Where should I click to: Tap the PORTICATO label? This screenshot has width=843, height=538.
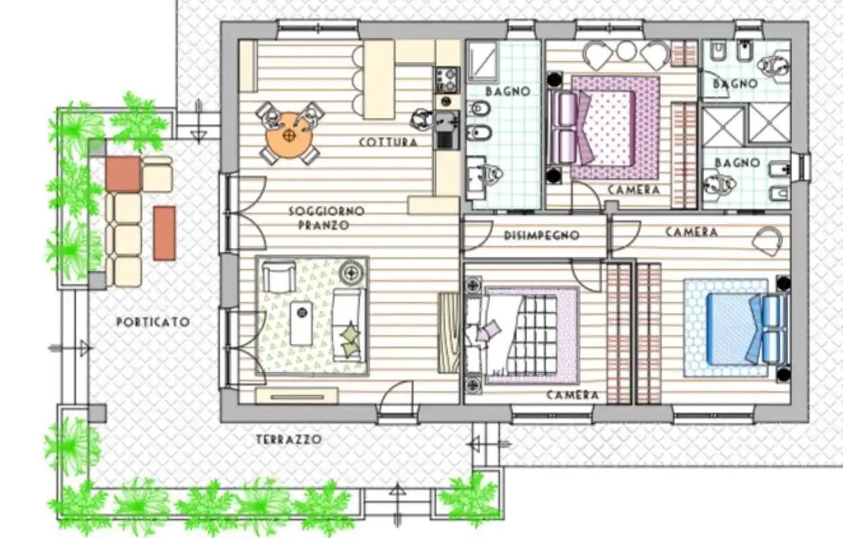(153, 322)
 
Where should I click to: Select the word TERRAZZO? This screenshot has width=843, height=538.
(288, 439)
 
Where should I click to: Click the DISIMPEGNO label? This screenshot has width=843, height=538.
(541, 235)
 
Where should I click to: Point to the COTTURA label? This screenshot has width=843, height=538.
(389, 142)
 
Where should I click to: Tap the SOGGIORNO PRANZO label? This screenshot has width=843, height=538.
(318, 218)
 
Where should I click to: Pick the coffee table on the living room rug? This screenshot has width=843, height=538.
(302, 323)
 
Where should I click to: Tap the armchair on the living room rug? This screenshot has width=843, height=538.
(279, 276)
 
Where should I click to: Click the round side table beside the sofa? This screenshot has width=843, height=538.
(353, 272)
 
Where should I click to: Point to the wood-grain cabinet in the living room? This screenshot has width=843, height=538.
(449, 333)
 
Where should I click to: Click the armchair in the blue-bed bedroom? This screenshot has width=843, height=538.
(767, 241)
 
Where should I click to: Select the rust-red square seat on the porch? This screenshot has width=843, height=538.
(123, 174)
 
